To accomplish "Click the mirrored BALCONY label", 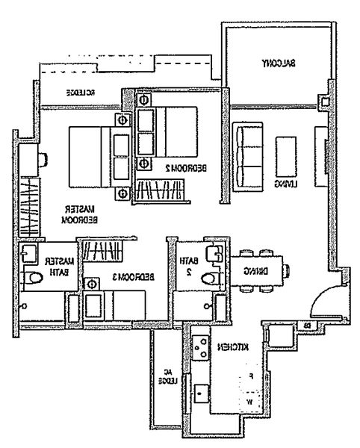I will pos(279,63).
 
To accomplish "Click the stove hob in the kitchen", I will pos(201,344).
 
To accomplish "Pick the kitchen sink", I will pos(200,393).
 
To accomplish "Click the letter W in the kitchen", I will pos(249,403).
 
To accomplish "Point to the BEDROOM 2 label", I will pos(181,171).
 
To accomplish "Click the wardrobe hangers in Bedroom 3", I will pos(104,248).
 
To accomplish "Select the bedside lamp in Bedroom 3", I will pos(93,284).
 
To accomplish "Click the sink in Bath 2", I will pos(214,253).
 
